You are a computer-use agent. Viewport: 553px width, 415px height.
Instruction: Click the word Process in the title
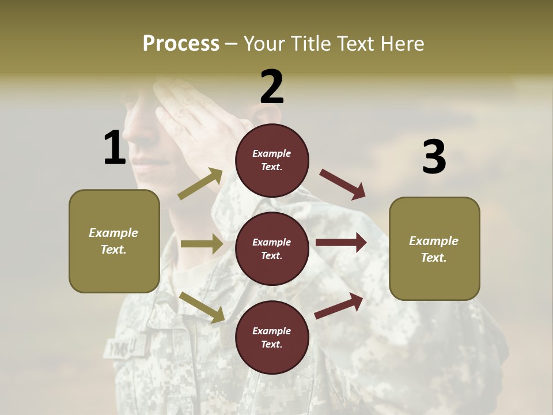tap(181, 44)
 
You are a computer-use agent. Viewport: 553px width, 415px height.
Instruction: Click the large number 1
tap(115, 148)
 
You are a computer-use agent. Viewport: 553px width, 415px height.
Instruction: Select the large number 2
tap(272, 86)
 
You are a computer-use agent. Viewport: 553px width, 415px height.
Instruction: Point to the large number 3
tap(434, 157)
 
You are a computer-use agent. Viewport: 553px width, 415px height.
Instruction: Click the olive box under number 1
tap(114, 241)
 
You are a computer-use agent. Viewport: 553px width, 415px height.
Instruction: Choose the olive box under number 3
tap(434, 248)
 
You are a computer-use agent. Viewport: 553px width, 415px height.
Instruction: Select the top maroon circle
tap(272, 160)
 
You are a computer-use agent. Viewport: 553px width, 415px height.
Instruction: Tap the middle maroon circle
tap(272, 248)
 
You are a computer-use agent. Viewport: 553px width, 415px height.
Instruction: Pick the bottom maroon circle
tap(272, 337)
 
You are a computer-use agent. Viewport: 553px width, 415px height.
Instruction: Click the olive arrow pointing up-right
tap(200, 184)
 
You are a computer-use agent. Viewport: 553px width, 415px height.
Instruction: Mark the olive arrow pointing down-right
tap(202, 307)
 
